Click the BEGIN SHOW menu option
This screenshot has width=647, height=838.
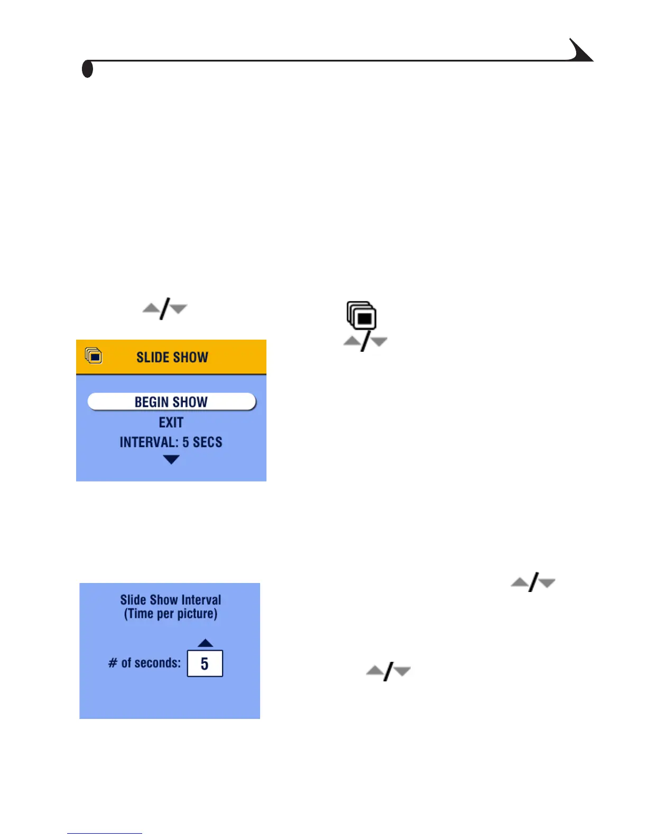pos(171,402)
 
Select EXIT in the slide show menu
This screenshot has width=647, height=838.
pos(171,423)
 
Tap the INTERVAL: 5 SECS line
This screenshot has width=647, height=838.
pos(171,442)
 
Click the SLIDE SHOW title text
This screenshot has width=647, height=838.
pos(172,358)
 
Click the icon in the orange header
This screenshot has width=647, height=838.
pos(94,356)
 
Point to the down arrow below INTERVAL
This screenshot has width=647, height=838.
pos(171,460)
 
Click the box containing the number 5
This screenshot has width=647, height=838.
pos(205,663)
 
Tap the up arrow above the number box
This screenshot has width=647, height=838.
pos(205,643)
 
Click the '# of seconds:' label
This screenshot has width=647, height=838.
pos(144,663)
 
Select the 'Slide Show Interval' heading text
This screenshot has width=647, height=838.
pos(170,600)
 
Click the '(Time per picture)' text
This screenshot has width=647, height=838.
pos(170,614)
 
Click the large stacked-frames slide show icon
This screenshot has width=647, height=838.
pos(362,315)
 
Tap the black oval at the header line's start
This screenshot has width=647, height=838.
pos(88,69)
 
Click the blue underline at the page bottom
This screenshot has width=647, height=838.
pos(104,833)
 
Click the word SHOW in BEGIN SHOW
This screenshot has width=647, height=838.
pos(190,402)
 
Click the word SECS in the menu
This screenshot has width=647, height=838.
pos(207,442)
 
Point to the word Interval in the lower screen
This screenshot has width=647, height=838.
pos(201,600)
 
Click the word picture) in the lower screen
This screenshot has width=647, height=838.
pos(196,614)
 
